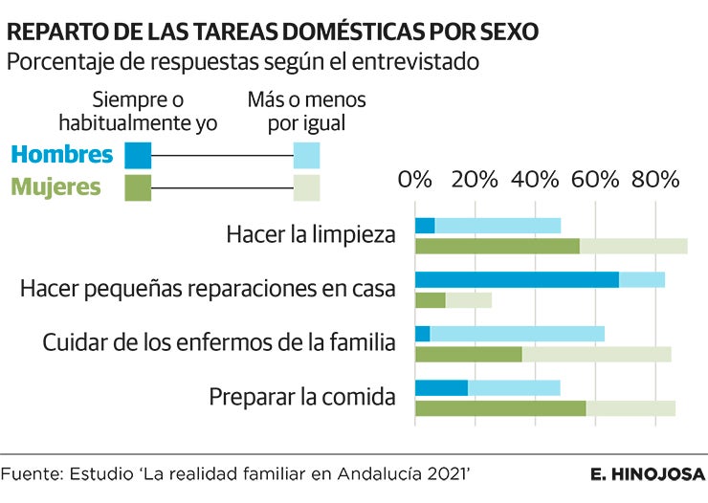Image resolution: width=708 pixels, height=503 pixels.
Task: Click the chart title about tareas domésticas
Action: point(273,32)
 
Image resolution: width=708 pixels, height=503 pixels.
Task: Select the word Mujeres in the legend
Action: point(55,186)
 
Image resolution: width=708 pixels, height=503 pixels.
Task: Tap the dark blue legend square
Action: point(139,155)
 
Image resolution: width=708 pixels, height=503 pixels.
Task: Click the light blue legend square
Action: point(306,155)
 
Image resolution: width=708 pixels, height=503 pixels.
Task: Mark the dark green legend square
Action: point(139,186)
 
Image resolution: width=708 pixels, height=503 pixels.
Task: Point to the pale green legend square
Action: point(306,186)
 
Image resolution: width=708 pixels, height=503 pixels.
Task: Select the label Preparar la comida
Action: point(302,396)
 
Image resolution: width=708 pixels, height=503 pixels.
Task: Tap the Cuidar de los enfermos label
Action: point(219,342)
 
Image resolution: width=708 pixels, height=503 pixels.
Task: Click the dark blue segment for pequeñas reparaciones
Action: point(517,279)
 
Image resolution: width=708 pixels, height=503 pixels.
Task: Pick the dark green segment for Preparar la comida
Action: point(500,408)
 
